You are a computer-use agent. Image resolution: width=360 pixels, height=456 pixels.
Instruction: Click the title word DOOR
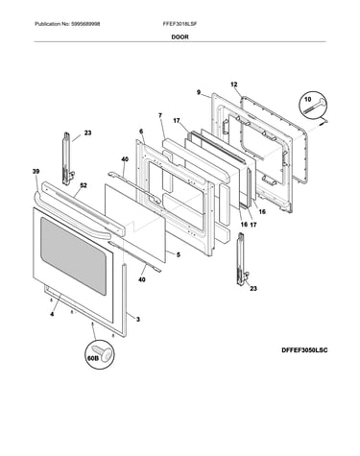tap(180, 37)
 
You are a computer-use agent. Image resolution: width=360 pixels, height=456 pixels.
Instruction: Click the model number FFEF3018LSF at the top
tap(180, 24)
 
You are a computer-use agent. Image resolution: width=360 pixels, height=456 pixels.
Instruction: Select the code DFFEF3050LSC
tap(304, 350)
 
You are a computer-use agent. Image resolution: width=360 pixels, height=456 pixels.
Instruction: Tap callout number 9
tap(199, 92)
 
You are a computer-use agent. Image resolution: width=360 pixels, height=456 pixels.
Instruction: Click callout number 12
tap(234, 84)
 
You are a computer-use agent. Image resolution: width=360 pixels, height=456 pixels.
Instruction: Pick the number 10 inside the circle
tap(307, 100)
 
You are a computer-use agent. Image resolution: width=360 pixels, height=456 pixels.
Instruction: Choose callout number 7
tap(160, 115)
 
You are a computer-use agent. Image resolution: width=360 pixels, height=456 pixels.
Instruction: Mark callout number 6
tap(141, 132)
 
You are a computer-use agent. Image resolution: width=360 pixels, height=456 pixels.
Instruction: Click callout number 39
tap(36, 172)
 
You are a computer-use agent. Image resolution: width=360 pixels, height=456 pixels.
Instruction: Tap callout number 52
tap(84, 185)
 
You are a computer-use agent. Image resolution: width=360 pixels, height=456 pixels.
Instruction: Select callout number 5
tap(179, 254)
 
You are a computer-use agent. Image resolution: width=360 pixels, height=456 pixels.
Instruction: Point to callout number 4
tap(52, 314)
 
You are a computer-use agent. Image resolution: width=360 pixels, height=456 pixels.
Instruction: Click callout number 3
tap(138, 319)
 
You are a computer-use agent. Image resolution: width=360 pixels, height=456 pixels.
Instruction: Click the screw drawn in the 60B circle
tap(104, 352)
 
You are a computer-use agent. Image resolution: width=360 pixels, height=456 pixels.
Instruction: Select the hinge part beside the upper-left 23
tap(67, 158)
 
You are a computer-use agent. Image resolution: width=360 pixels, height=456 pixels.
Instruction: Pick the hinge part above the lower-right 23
tap(242, 259)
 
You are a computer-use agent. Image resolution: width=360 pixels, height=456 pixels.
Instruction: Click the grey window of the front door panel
tap(73, 255)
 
